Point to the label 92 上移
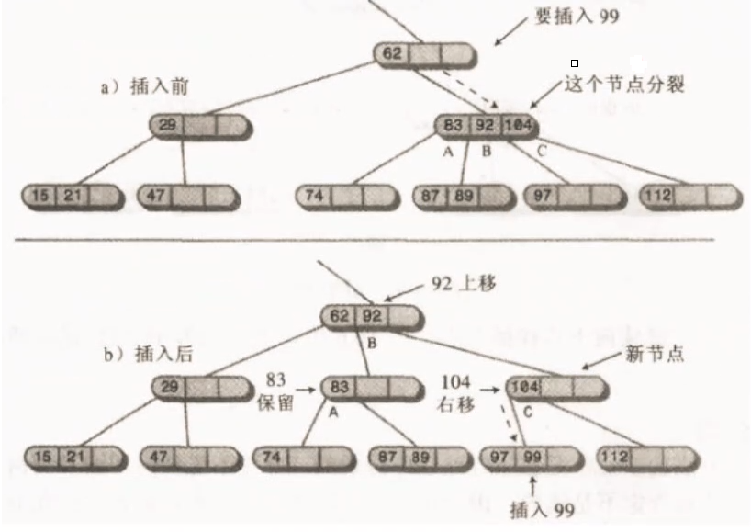click(x=463, y=284)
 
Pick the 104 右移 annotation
click(x=455, y=390)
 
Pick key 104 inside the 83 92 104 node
click(x=519, y=125)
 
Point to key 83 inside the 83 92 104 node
click(x=454, y=125)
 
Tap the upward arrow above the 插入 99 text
click(x=533, y=481)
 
